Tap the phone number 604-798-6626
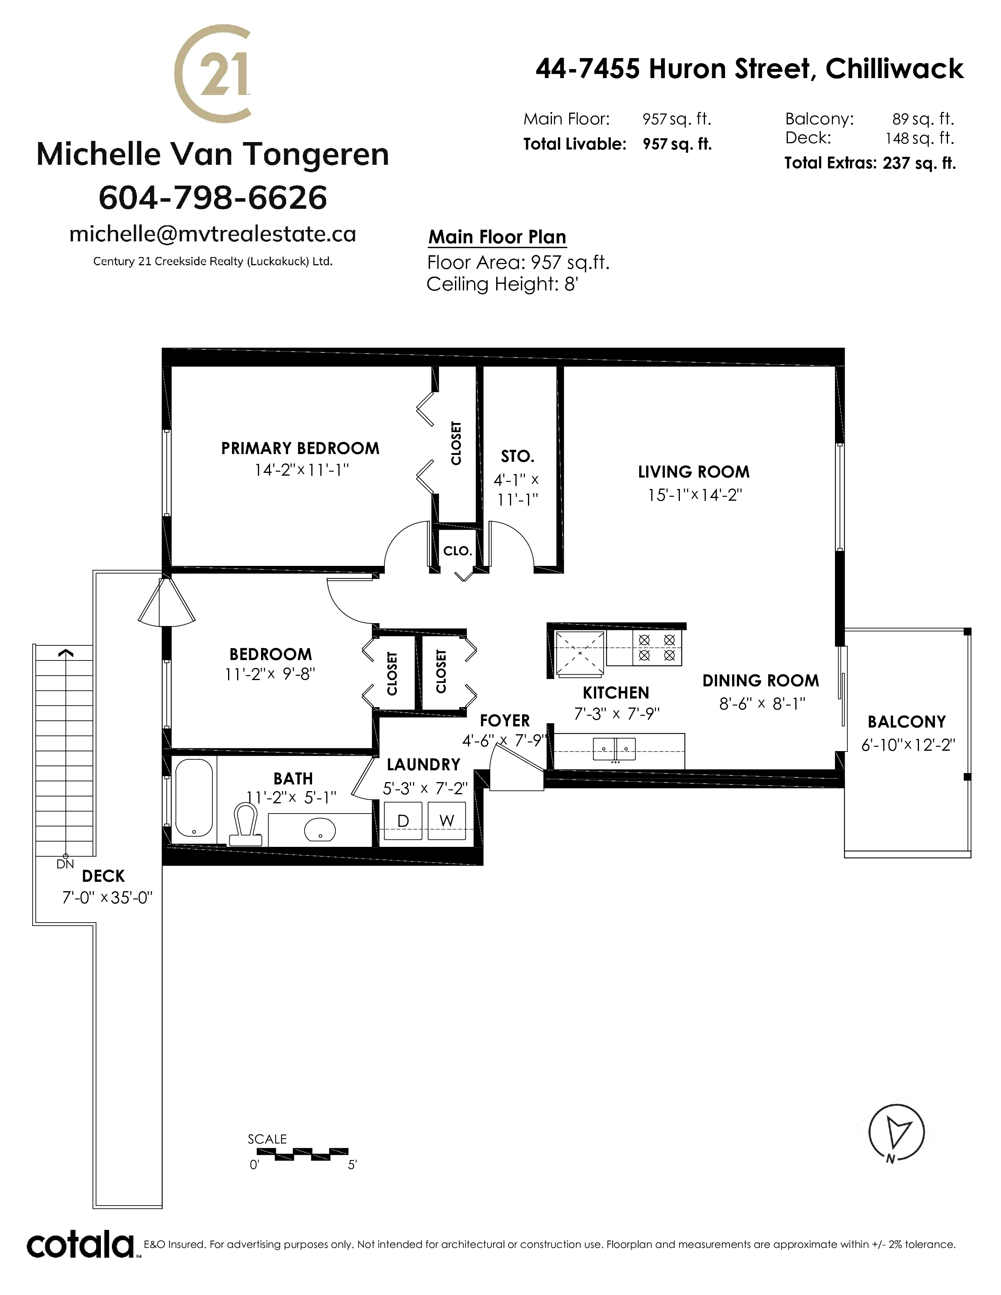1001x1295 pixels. click(x=212, y=197)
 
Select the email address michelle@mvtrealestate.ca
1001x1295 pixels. click(x=212, y=234)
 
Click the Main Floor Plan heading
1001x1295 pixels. click(x=497, y=237)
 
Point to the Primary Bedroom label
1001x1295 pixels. click(x=300, y=448)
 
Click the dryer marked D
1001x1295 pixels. click(x=403, y=821)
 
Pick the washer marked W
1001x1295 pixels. click(x=447, y=821)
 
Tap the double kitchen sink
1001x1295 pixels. click(x=614, y=750)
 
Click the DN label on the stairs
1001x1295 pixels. click(x=65, y=865)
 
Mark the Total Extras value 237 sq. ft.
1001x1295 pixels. click(x=919, y=163)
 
